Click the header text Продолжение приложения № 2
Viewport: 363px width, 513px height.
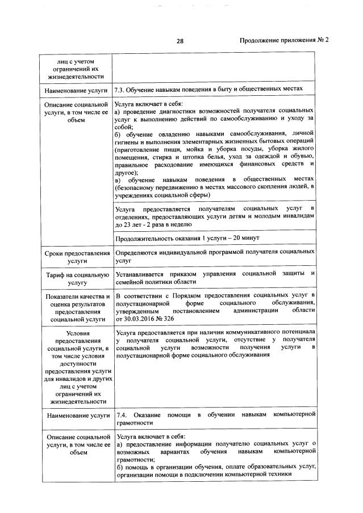pos(285,40)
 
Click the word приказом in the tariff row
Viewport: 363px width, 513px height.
pos(185,274)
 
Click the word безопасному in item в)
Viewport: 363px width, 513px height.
pos(141,186)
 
